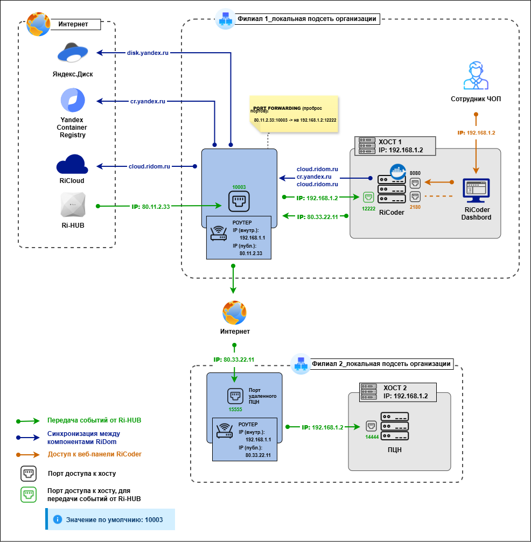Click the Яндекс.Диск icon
pyautogui.click(x=75, y=54)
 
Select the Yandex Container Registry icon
pyautogui.click(x=73, y=101)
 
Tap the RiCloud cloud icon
pyautogui.click(x=72, y=164)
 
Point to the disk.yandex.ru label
pyautogui.click(x=148, y=53)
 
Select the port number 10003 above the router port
pyautogui.click(x=239, y=187)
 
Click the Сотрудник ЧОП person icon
pyautogui.click(x=476, y=75)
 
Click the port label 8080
pyautogui.click(x=415, y=173)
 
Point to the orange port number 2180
pyautogui.click(x=415, y=207)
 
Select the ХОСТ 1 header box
pyautogui.click(x=396, y=145)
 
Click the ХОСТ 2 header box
pyautogui.click(x=397, y=391)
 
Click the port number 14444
pyautogui.click(x=372, y=437)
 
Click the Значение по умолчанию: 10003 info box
pyautogui.click(x=111, y=520)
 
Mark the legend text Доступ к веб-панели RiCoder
pyautogui.click(x=94, y=454)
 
